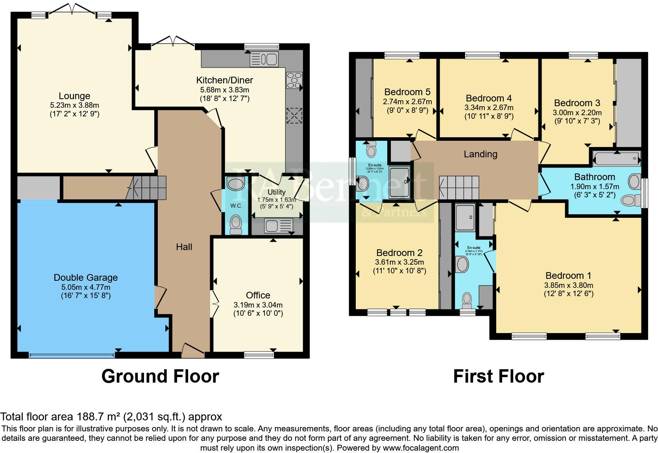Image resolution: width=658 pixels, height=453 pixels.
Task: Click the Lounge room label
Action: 74,96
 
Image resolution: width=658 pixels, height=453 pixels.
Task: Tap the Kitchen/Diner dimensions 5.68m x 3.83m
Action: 224,90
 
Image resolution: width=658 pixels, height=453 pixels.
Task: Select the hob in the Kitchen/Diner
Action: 294,81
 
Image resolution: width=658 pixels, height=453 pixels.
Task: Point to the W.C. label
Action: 236,206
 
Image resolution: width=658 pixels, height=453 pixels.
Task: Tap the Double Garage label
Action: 86,278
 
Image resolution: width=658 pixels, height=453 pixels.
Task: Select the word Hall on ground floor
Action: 184,247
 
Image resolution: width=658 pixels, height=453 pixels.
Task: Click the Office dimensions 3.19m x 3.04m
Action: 258,305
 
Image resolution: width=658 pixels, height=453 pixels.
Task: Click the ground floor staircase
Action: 150,188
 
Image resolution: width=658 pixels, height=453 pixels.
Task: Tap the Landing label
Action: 480,154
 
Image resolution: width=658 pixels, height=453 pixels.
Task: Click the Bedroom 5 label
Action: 407,92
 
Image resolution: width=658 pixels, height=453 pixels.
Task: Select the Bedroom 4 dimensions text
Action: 489,107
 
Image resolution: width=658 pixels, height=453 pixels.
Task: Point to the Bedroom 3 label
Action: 577,103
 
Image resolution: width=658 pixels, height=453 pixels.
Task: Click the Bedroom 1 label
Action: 568,276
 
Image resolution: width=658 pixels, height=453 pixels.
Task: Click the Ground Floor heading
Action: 160,376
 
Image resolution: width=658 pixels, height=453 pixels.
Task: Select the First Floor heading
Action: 498,376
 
